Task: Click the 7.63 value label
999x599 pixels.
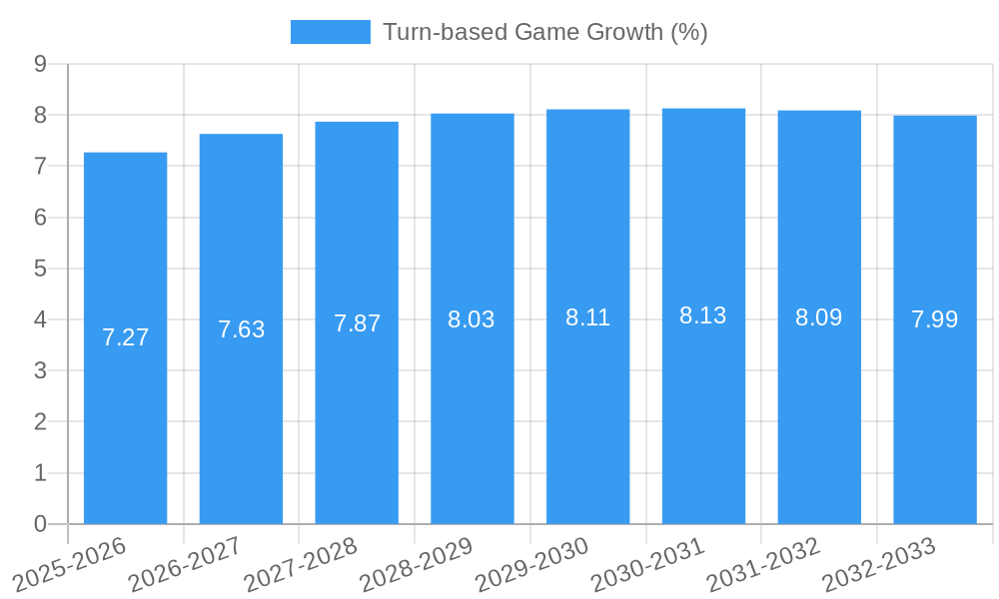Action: click(x=241, y=329)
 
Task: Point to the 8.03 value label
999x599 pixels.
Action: click(x=472, y=319)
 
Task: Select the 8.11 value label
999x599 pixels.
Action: click(x=587, y=317)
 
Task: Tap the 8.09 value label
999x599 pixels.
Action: click(x=819, y=317)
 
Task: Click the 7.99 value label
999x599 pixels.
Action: click(x=935, y=319)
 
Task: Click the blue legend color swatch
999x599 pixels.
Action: click(x=330, y=32)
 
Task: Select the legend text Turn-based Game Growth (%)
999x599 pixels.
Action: click(x=544, y=32)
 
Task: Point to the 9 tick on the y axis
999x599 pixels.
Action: click(x=41, y=64)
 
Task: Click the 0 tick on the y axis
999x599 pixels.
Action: click(x=41, y=524)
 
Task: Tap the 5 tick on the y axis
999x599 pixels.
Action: click(x=41, y=269)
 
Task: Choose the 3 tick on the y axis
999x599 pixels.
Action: click(x=41, y=370)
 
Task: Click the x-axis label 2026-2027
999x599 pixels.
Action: click(x=186, y=563)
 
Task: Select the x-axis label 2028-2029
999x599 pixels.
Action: click(x=417, y=563)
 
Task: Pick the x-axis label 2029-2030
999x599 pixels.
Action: click(x=532, y=563)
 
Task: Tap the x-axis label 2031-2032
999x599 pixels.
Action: click(x=764, y=563)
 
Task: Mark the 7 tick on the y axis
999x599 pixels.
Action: click(x=41, y=166)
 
